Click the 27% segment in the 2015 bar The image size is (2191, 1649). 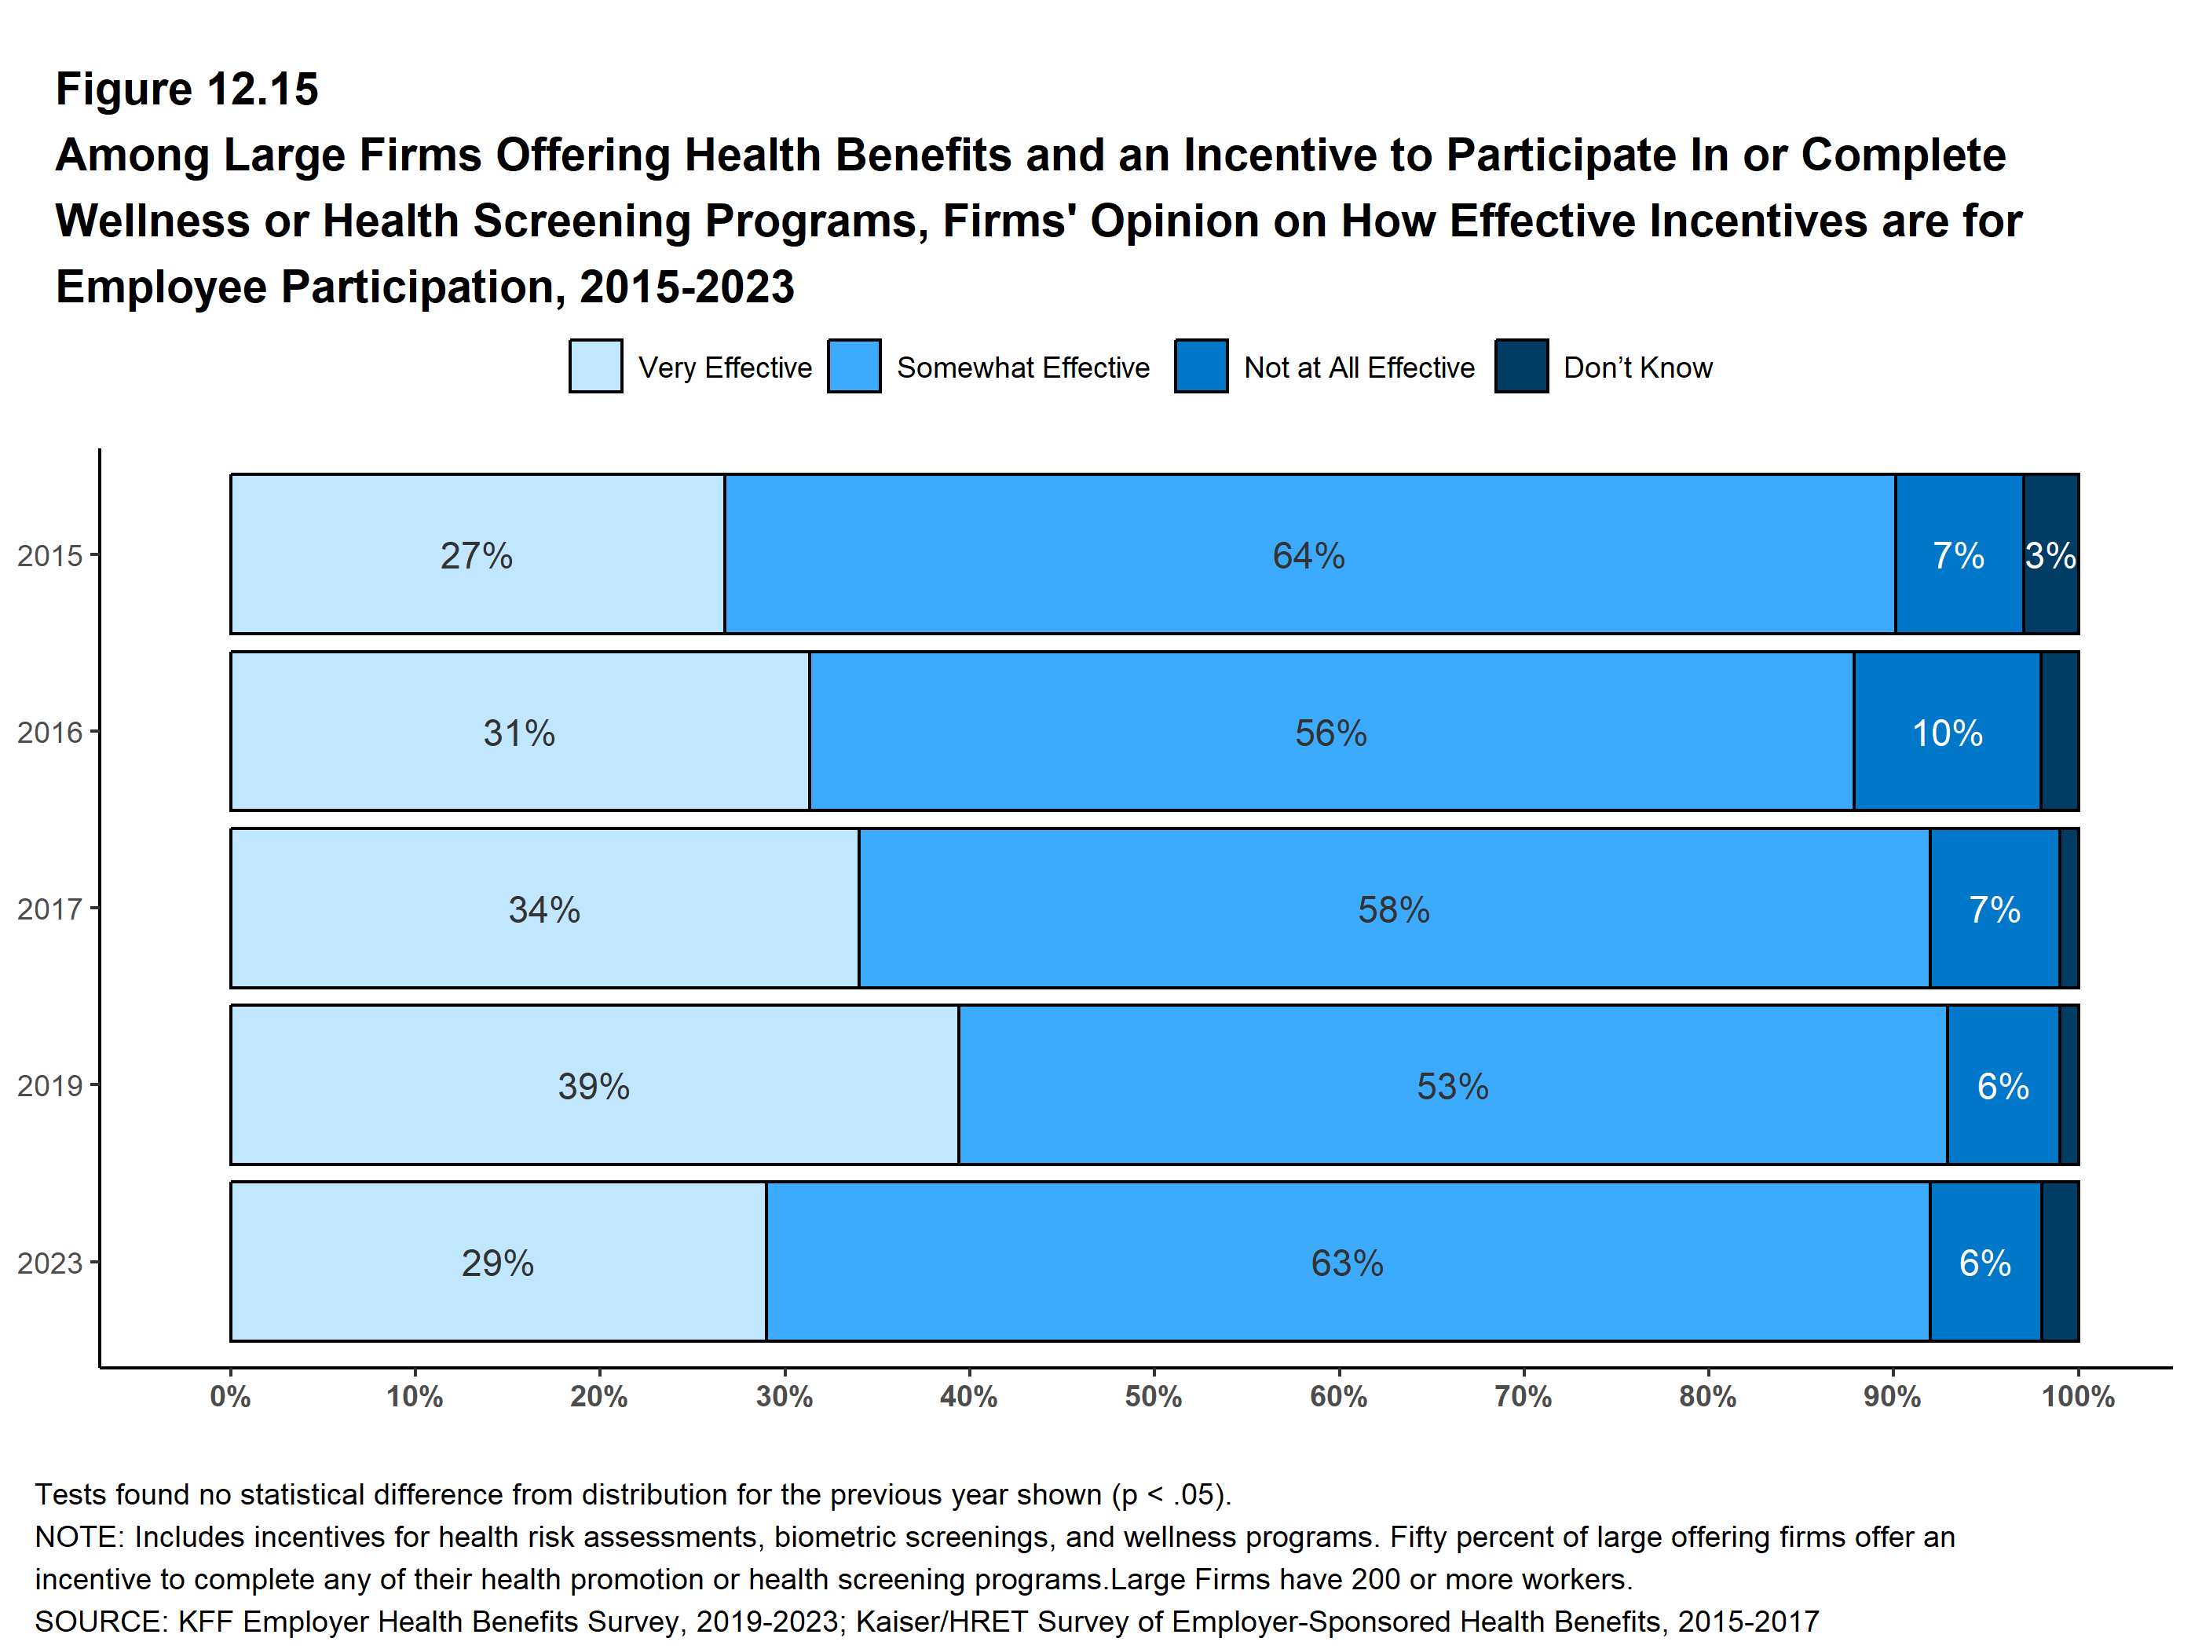(477, 554)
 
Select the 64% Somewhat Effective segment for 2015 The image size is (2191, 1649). (1308, 554)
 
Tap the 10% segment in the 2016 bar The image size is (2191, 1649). (1946, 732)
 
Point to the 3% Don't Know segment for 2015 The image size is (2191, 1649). (2050, 554)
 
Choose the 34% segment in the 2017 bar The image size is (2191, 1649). (543, 909)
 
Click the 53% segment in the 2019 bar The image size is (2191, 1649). (1452, 1085)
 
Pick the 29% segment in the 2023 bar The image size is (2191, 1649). (497, 1262)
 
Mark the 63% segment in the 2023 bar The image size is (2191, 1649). (1347, 1262)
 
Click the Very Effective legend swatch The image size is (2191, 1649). (595, 367)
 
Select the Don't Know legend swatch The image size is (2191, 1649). (1521, 367)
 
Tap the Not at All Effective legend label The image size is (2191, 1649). (1359, 367)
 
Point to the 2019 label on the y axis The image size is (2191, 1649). (49, 1085)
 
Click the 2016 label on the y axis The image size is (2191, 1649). (49, 732)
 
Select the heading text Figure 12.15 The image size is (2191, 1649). (187, 90)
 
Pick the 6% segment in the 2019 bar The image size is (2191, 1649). (2003, 1085)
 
